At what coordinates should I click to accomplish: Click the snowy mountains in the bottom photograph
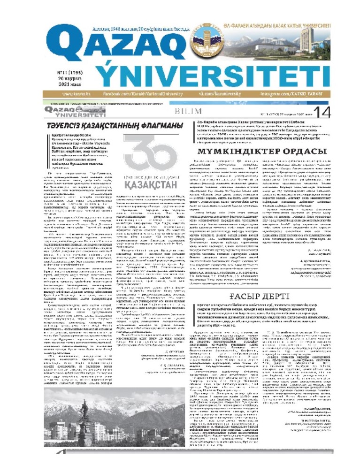pos(141,418)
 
